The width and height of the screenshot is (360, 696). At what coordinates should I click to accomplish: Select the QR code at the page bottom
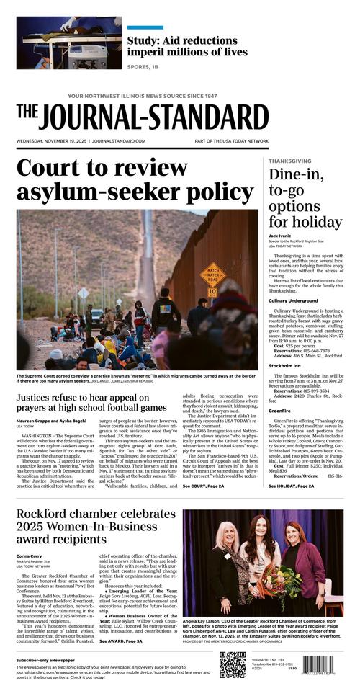coord(232,664)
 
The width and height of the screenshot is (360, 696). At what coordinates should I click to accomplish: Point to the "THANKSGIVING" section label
coord(289,161)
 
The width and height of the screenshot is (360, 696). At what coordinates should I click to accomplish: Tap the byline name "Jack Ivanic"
coord(282,236)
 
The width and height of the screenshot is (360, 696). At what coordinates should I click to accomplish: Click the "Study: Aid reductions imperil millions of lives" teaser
coord(187,45)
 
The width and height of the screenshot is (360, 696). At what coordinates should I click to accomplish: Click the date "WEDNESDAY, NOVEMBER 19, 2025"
coord(50,141)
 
